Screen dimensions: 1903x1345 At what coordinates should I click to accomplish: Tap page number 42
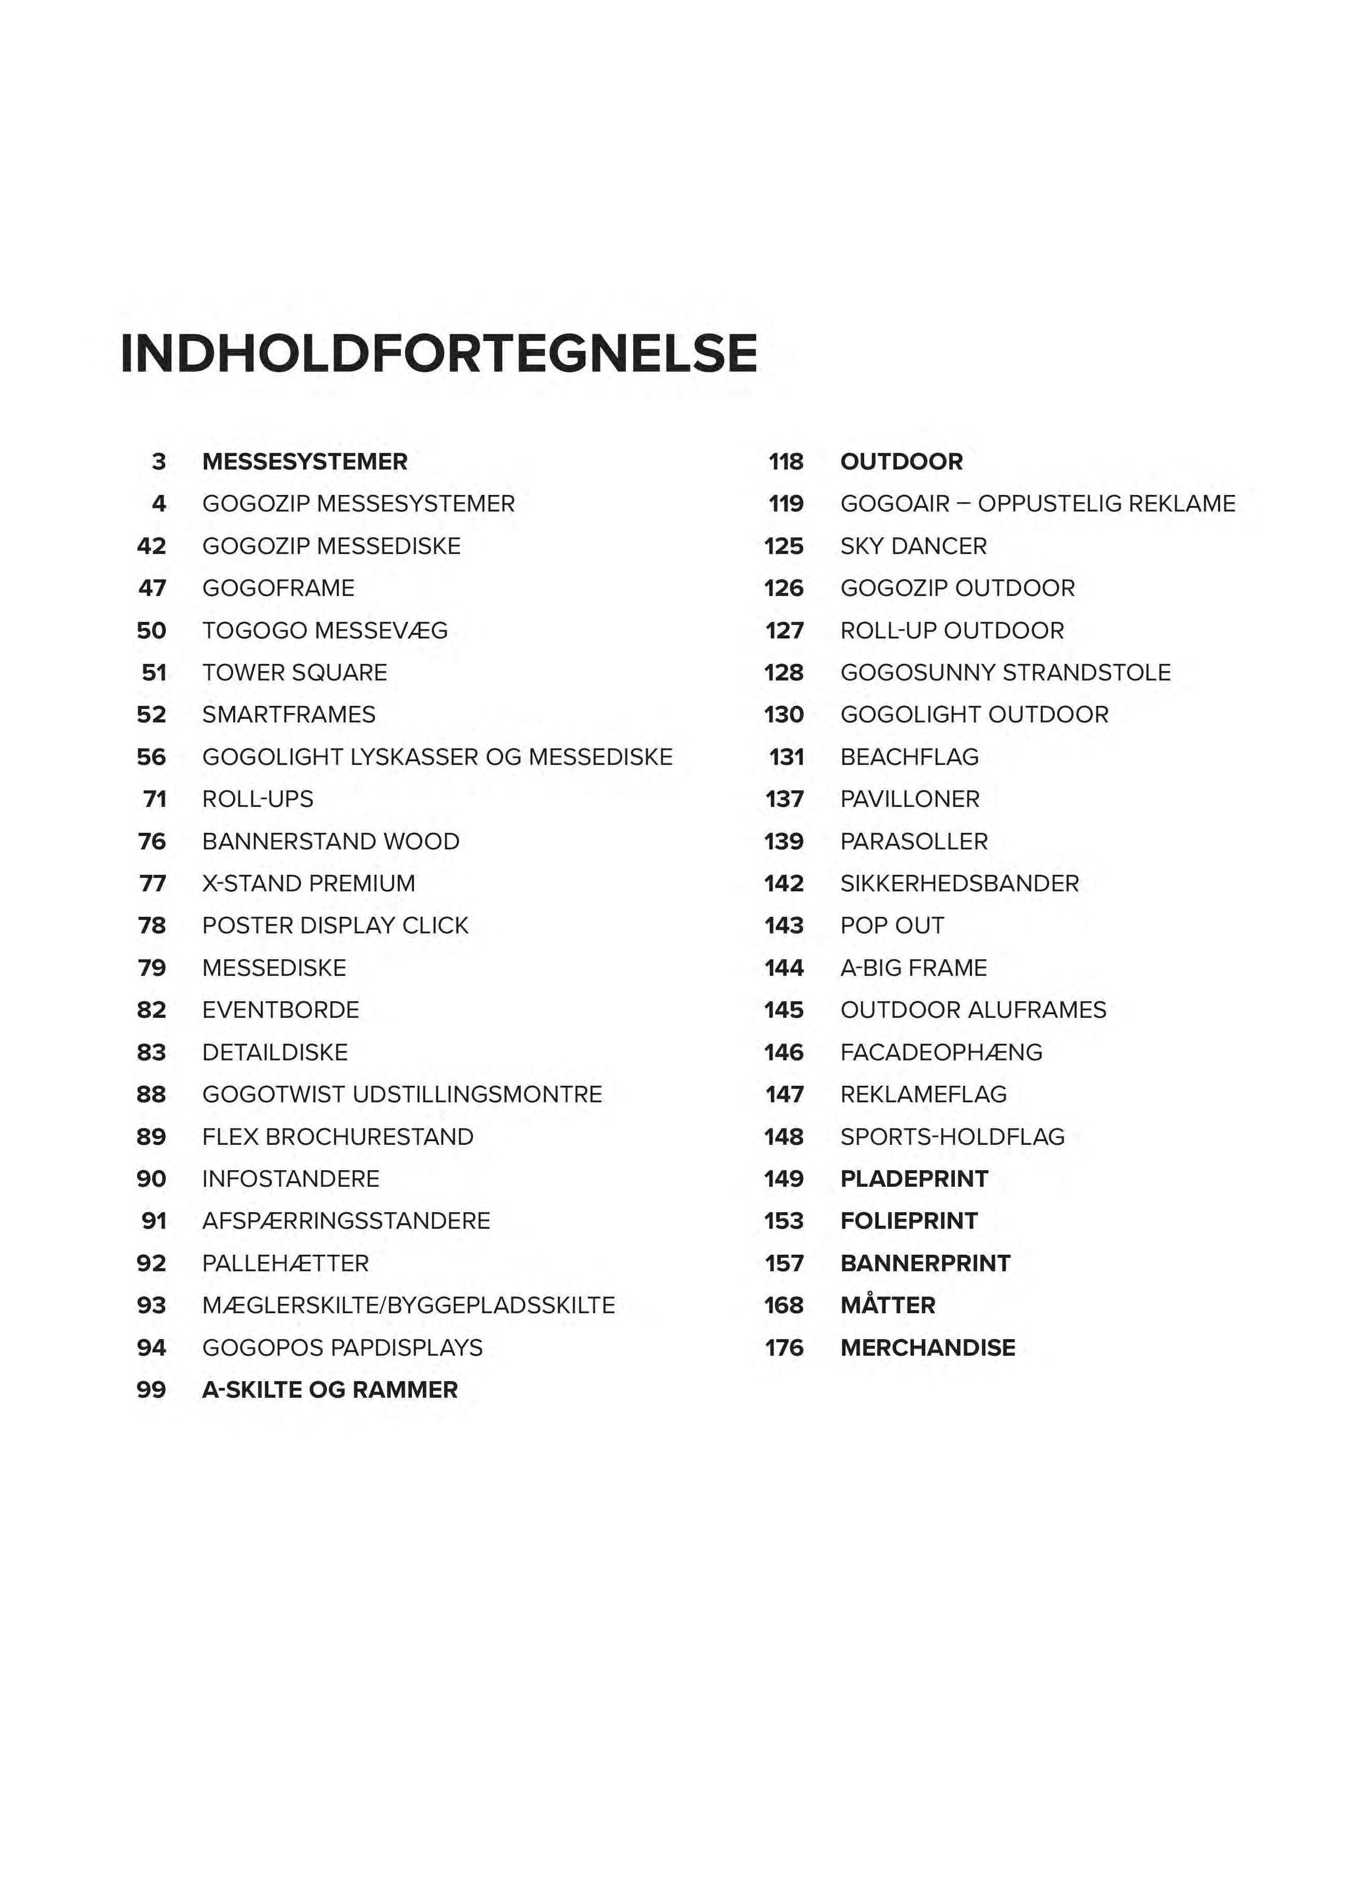point(152,546)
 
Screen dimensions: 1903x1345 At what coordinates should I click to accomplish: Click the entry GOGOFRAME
point(278,589)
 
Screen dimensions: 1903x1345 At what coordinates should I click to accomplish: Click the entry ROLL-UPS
point(257,799)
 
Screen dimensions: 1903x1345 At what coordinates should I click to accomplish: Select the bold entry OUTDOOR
point(901,462)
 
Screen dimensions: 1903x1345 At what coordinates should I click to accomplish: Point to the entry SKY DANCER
point(913,546)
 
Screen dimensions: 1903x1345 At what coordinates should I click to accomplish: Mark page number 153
point(784,1221)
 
